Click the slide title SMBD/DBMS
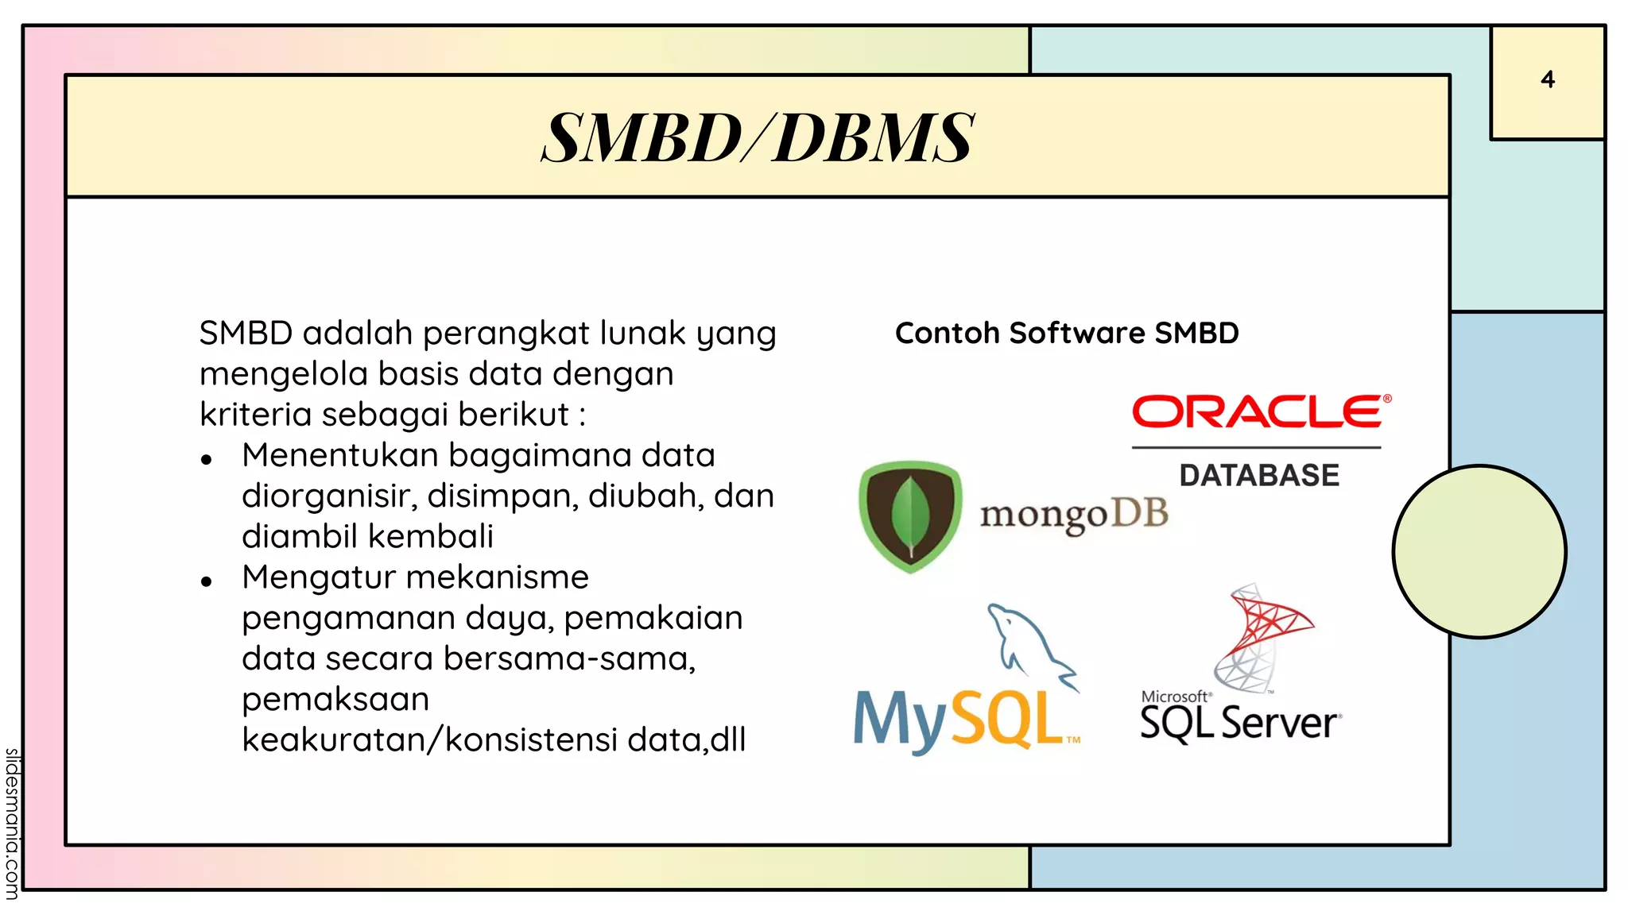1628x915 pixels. pyautogui.click(x=757, y=137)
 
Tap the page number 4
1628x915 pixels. pyautogui.click(x=1547, y=79)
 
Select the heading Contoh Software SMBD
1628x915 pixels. pyautogui.click(x=1066, y=333)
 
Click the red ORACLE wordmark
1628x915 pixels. pyautogui.click(x=1260, y=411)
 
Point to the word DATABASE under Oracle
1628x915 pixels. pyautogui.click(x=1259, y=475)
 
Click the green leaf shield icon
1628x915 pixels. pyautogui.click(x=910, y=516)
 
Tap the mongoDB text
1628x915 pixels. pyautogui.click(x=1073, y=515)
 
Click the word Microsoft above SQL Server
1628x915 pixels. pyautogui.click(x=1174, y=697)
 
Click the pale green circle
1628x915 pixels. pyautogui.click(x=1479, y=551)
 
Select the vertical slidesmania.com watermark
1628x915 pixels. pyautogui.click(x=11, y=823)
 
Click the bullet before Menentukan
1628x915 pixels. pyautogui.click(x=207, y=459)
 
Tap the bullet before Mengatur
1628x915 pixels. pyautogui.click(x=207, y=581)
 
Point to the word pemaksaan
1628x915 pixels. pyautogui.click(x=335, y=699)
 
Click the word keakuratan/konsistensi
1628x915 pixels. pyautogui.click(x=429, y=739)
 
